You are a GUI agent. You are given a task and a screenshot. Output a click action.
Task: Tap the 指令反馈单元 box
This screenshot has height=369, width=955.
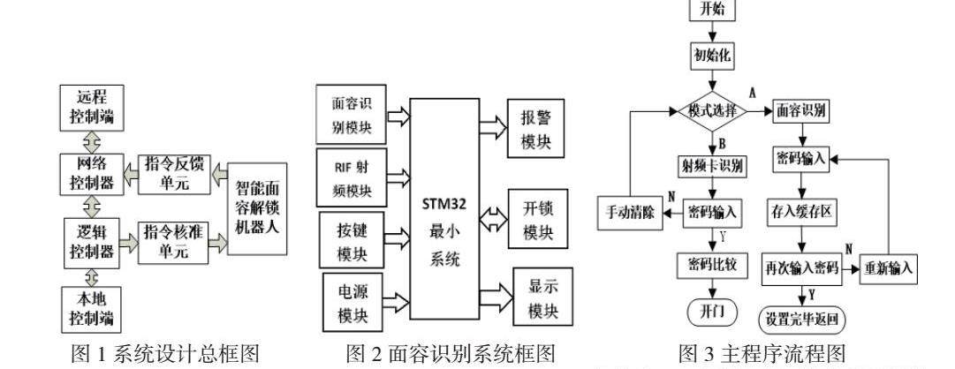tap(174, 172)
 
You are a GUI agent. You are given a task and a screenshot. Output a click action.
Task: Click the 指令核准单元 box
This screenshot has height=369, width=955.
tap(174, 239)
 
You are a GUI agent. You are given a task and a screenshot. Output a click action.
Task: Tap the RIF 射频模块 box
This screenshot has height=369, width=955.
tap(352, 175)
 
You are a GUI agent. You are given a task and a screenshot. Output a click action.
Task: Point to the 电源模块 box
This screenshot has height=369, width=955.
tap(352, 303)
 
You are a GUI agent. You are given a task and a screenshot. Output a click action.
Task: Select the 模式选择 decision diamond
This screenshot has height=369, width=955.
tap(713, 112)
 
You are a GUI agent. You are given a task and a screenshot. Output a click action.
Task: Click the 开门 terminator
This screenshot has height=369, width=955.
tap(711, 313)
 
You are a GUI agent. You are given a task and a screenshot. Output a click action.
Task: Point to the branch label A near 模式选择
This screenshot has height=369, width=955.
tap(753, 91)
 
